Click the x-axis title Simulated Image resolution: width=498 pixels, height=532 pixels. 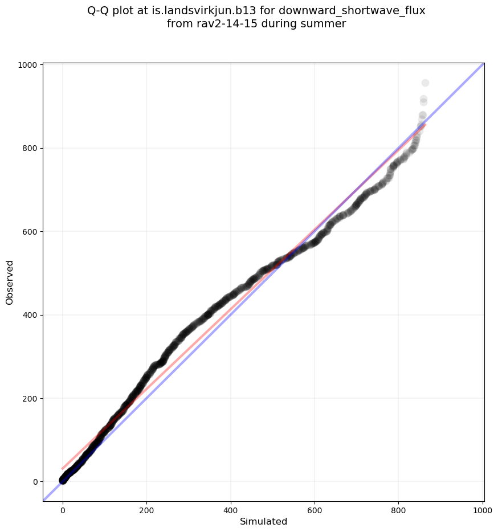[x=263, y=522]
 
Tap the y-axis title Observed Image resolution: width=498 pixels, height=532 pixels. [x=10, y=282]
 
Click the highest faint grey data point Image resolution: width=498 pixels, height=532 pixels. [x=425, y=83]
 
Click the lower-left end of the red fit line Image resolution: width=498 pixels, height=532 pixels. [x=63, y=469]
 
